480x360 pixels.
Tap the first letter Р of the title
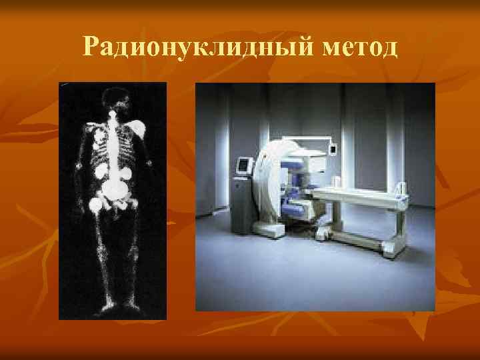click(91, 47)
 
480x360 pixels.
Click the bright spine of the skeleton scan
click(114, 143)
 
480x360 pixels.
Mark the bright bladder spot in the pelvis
click(117, 194)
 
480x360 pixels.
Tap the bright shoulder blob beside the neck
click(139, 127)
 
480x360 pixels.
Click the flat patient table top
click(360, 195)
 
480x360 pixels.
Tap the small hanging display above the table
click(331, 148)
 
